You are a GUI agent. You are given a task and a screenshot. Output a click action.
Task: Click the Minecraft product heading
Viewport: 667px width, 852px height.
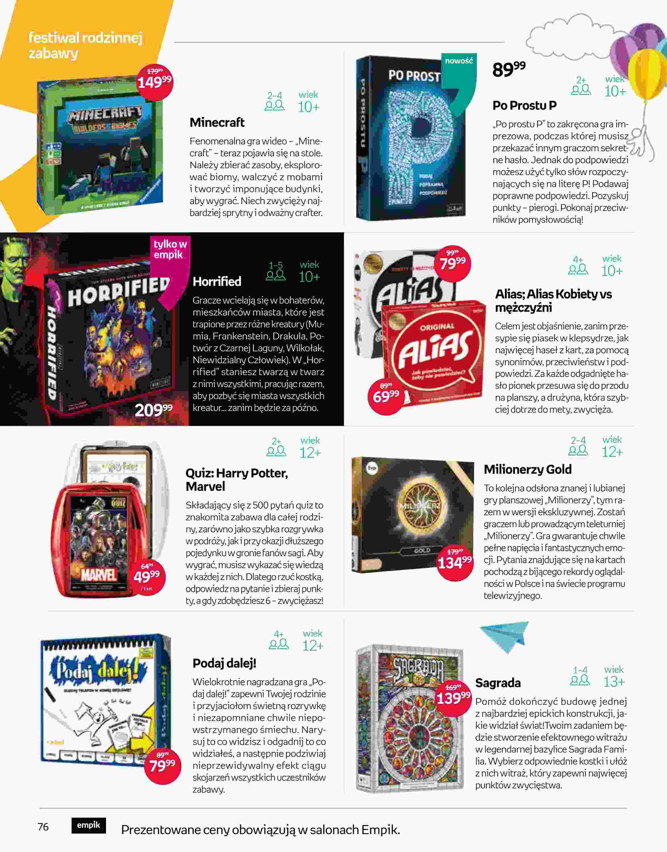coord(217,123)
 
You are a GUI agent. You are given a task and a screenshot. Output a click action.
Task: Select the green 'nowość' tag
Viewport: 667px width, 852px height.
coord(459,61)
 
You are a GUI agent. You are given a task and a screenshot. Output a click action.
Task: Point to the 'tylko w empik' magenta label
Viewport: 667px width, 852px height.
coord(170,249)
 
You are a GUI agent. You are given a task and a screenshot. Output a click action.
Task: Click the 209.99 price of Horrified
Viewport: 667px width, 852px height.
coord(153,410)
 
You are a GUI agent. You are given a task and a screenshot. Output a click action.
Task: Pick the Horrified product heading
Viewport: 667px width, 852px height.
coord(217,281)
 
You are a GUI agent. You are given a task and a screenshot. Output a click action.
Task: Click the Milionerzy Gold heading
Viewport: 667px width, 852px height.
coord(528,469)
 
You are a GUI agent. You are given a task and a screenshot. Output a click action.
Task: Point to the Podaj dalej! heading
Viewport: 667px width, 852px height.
coord(224,663)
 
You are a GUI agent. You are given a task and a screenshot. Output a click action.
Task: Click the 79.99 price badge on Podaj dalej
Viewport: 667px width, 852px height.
coord(162,764)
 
